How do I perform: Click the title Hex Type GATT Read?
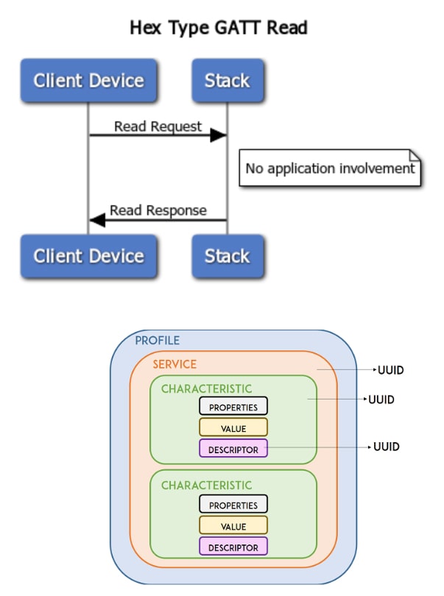coord(218,28)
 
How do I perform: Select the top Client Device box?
coord(88,80)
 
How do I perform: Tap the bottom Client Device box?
coord(88,256)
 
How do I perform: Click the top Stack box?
coord(227,80)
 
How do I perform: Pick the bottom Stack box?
coord(227,256)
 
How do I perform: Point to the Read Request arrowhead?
coord(218,135)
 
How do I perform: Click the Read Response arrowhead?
coord(97,219)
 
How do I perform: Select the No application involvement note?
coord(330,168)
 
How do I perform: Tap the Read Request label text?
coord(158,127)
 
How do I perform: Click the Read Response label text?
coord(158,210)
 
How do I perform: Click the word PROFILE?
coord(157,341)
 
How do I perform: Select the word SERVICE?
coord(175,364)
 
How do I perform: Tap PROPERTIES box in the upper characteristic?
coord(233,406)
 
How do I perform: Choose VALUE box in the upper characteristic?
coord(233,428)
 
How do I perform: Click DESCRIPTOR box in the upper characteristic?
coord(233,449)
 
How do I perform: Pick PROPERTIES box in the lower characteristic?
coord(233,505)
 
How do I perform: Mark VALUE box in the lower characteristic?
coord(233,526)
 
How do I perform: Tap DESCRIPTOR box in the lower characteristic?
coord(233,547)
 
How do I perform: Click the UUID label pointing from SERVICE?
coord(390,370)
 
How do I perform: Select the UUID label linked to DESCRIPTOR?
coord(386,447)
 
